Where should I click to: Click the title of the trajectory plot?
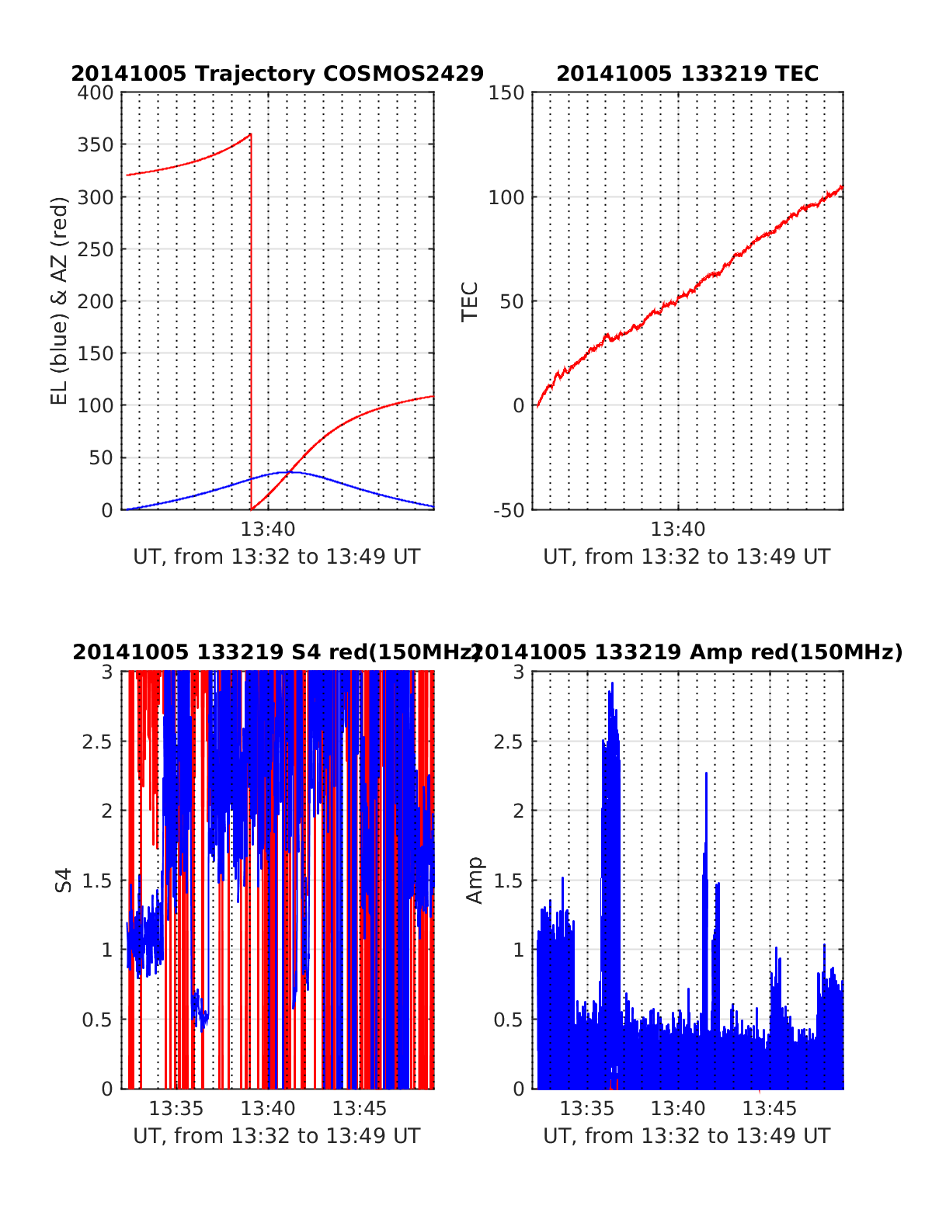pos(277,74)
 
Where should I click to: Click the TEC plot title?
pos(687,74)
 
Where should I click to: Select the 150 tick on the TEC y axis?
pos(506,93)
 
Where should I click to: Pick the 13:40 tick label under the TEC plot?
pos(678,530)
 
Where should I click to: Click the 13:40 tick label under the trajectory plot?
pos(268,530)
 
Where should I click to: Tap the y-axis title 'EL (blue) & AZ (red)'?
pos(60,301)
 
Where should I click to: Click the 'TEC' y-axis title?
pos(470,301)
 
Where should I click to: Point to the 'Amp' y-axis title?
pos(474,881)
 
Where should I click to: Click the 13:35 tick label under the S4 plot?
pos(176,1108)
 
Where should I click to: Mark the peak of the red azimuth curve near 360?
pos(250,134)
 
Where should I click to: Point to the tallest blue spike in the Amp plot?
pos(612,683)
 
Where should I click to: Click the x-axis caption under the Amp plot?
pos(687,1136)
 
